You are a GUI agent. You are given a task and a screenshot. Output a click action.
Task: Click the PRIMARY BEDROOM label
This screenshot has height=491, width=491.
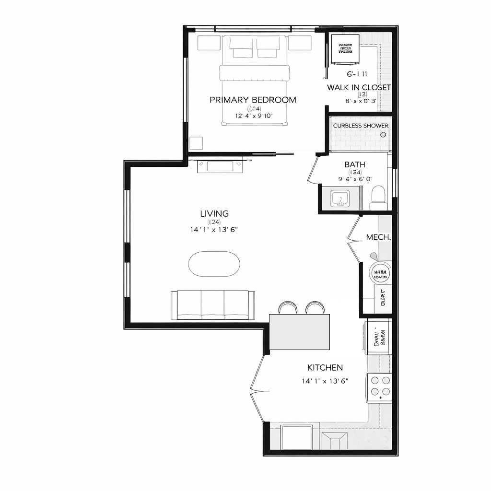pyautogui.click(x=253, y=100)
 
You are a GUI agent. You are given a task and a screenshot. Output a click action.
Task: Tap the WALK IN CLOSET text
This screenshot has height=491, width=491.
pyautogui.click(x=359, y=87)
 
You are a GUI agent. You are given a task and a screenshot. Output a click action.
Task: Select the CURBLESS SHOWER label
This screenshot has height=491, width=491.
pyautogui.click(x=361, y=126)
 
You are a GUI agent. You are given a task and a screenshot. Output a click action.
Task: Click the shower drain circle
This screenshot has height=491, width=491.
pyautogui.click(x=383, y=135)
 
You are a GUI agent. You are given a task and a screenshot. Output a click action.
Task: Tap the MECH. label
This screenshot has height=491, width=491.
pyautogui.click(x=378, y=237)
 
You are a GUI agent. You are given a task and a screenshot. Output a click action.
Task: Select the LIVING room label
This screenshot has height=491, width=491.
pyautogui.click(x=214, y=214)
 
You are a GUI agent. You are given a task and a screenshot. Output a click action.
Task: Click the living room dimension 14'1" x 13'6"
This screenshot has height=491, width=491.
pyautogui.click(x=214, y=230)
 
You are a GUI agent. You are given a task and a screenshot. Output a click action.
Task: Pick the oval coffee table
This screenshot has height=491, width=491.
pyautogui.click(x=214, y=264)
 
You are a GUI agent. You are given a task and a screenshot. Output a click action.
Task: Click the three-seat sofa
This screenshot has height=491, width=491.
pyautogui.click(x=213, y=304)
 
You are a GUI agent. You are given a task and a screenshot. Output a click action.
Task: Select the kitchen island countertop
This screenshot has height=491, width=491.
pyautogui.click(x=300, y=332)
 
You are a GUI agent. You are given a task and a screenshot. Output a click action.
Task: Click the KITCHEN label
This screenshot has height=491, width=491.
pyautogui.click(x=325, y=368)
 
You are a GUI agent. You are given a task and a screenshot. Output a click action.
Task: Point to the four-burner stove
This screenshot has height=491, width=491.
pyautogui.click(x=380, y=387)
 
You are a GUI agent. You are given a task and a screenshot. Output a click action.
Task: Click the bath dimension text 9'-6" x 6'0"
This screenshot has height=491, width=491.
pyautogui.click(x=355, y=179)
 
